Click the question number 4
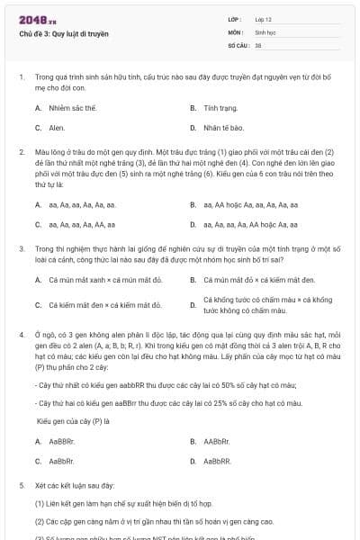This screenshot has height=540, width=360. coord(21,335)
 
